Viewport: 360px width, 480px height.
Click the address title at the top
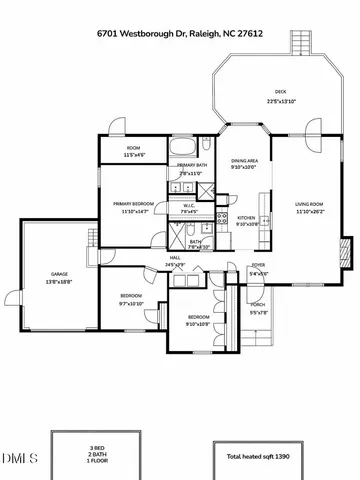tap(180, 33)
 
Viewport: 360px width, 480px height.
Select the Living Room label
tap(309, 205)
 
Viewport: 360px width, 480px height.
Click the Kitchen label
tap(247, 218)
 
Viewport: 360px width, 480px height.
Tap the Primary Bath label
tap(192, 165)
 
